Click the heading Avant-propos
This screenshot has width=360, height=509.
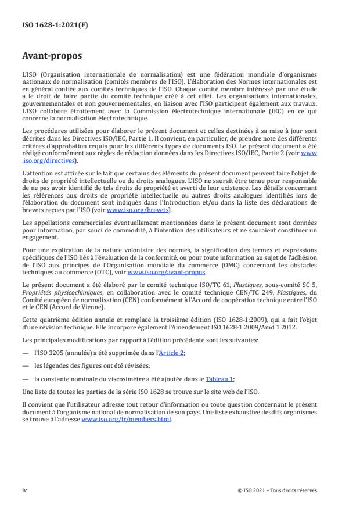point(52,57)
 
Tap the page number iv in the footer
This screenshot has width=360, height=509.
point(24,490)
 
